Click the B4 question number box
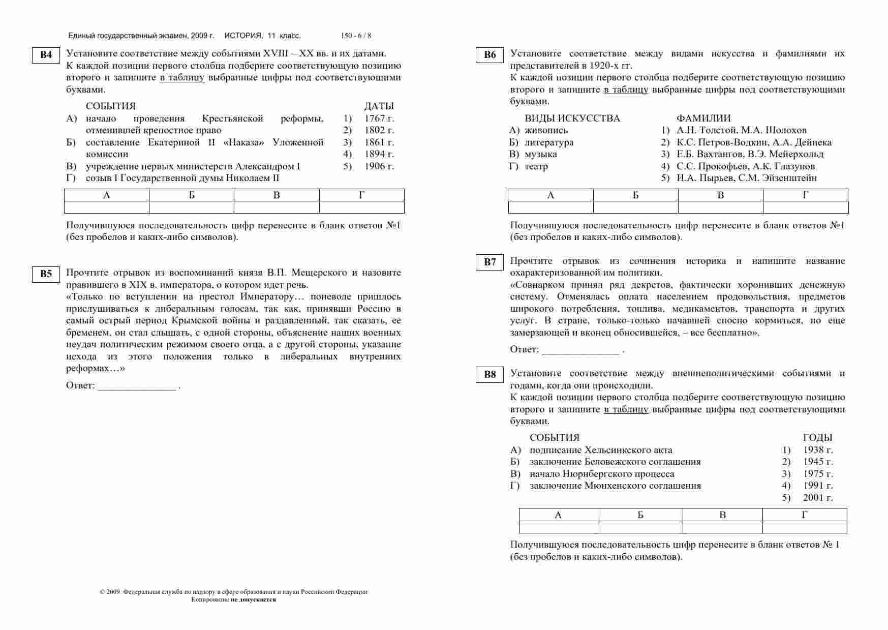point(46,55)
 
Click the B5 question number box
point(46,274)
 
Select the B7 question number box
point(490,262)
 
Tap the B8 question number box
point(490,375)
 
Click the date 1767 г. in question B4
point(379,118)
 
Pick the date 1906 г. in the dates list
point(379,166)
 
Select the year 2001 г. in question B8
point(818,498)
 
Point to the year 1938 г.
point(818,450)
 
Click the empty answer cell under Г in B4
point(361,207)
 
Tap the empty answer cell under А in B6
point(550,207)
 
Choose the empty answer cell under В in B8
point(722,527)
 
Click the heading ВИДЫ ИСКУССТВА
point(572,118)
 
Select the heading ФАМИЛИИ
point(703,118)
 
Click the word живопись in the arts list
point(546,130)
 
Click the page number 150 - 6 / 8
point(356,36)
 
